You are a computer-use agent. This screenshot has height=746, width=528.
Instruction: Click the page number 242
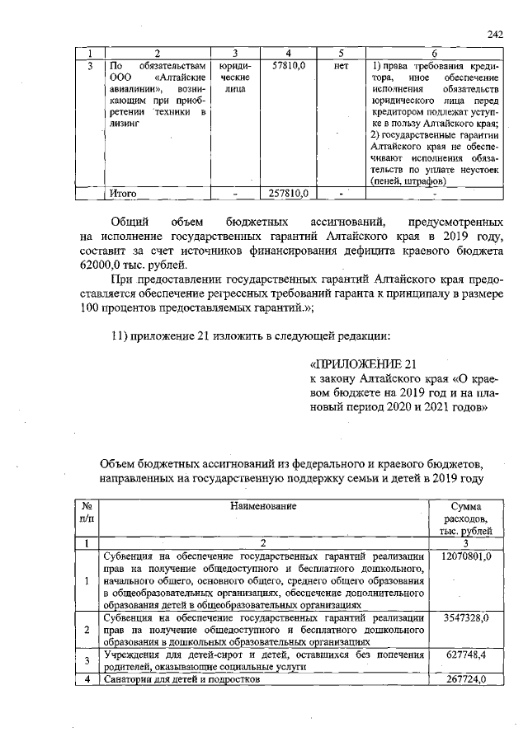tap(495, 34)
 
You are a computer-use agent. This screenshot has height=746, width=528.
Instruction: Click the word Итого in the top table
tap(123, 194)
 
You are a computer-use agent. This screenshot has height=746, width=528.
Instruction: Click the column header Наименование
tap(263, 504)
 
